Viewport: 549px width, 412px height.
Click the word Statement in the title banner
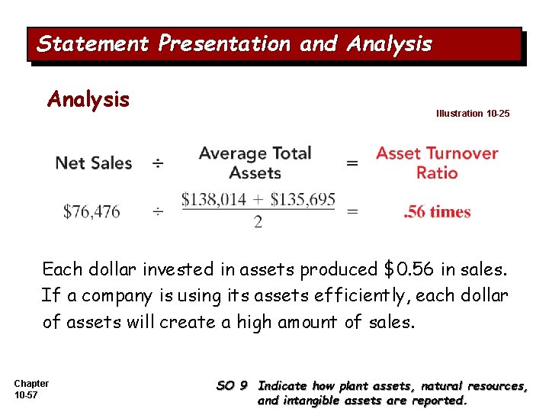click(x=93, y=44)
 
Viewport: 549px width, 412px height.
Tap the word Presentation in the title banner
click(x=224, y=44)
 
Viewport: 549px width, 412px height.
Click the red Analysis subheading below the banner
click(x=88, y=99)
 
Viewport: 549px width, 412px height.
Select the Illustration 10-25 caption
click(x=473, y=114)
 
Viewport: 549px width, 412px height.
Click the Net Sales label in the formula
click(x=94, y=163)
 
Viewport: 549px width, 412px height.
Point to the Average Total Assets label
click(x=255, y=163)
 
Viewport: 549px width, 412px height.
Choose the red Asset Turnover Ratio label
click(x=437, y=163)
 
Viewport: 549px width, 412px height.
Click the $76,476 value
click(x=91, y=212)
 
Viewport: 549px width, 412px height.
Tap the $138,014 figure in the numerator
click(x=214, y=200)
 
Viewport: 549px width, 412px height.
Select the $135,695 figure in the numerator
click(x=303, y=200)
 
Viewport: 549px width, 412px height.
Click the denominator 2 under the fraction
click(x=258, y=222)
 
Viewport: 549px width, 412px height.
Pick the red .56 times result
click(x=437, y=212)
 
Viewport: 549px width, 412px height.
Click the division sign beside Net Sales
click(x=157, y=163)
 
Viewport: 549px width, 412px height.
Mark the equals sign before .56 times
click(x=352, y=212)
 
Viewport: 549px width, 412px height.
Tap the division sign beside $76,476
click(x=157, y=212)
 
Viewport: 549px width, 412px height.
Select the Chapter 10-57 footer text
click(x=31, y=389)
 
